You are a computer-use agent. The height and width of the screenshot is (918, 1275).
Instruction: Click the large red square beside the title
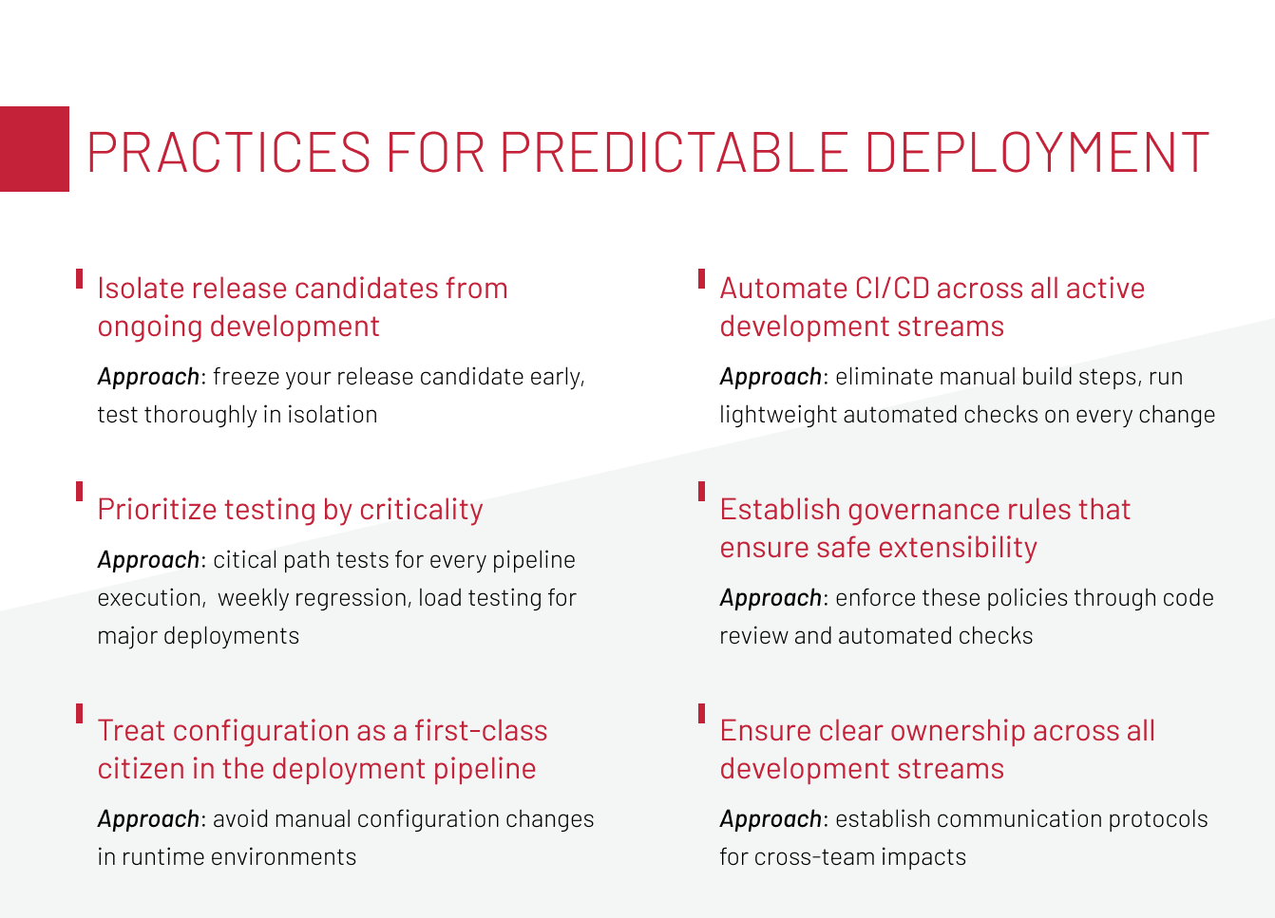point(34,149)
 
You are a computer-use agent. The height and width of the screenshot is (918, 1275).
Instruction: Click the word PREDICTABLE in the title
point(675,152)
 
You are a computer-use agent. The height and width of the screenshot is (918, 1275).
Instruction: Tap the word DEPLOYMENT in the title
point(1037,152)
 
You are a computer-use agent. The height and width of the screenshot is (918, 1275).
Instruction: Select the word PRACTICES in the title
point(228,152)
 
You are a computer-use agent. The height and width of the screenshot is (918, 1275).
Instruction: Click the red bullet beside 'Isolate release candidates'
point(79,279)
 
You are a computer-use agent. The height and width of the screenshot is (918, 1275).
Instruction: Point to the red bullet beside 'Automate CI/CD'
point(702,279)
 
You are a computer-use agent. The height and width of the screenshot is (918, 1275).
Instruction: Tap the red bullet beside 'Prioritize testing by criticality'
point(79,492)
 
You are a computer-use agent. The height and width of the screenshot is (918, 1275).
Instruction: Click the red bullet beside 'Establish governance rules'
point(702,492)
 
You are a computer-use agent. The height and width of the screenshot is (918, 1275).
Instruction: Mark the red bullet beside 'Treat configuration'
point(79,713)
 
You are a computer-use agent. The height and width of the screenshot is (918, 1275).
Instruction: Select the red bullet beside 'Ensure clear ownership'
point(702,713)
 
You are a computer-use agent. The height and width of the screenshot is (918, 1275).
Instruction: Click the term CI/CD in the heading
point(892,289)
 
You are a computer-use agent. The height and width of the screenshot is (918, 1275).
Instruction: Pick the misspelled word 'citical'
point(245,560)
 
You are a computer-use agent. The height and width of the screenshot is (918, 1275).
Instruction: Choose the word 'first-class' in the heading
point(481,730)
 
